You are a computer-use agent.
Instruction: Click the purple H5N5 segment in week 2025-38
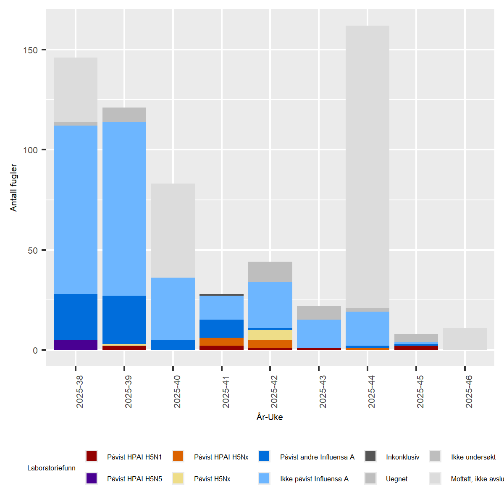click(76, 345)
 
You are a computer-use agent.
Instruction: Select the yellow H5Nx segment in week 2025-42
click(270, 335)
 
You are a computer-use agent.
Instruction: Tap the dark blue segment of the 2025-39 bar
click(124, 320)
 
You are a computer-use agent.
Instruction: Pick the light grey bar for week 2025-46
click(465, 339)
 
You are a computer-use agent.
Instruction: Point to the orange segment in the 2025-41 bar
click(222, 341)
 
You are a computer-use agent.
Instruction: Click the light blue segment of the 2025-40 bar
click(173, 309)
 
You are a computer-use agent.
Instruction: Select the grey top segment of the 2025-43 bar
click(319, 313)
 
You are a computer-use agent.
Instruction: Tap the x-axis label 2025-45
click(420, 391)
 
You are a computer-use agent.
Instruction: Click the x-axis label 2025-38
click(80, 391)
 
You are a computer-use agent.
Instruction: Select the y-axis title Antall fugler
click(14, 187)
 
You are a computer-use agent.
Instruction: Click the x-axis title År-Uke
click(270, 417)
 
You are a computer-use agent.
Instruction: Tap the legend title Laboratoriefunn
click(51, 468)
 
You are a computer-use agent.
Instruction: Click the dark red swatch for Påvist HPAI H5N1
click(92, 457)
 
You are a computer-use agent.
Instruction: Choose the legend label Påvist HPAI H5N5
click(134, 479)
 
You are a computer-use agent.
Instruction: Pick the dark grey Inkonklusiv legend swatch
click(370, 457)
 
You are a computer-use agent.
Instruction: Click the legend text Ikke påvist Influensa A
click(314, 479)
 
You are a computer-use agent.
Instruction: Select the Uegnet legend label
click(396, 479)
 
